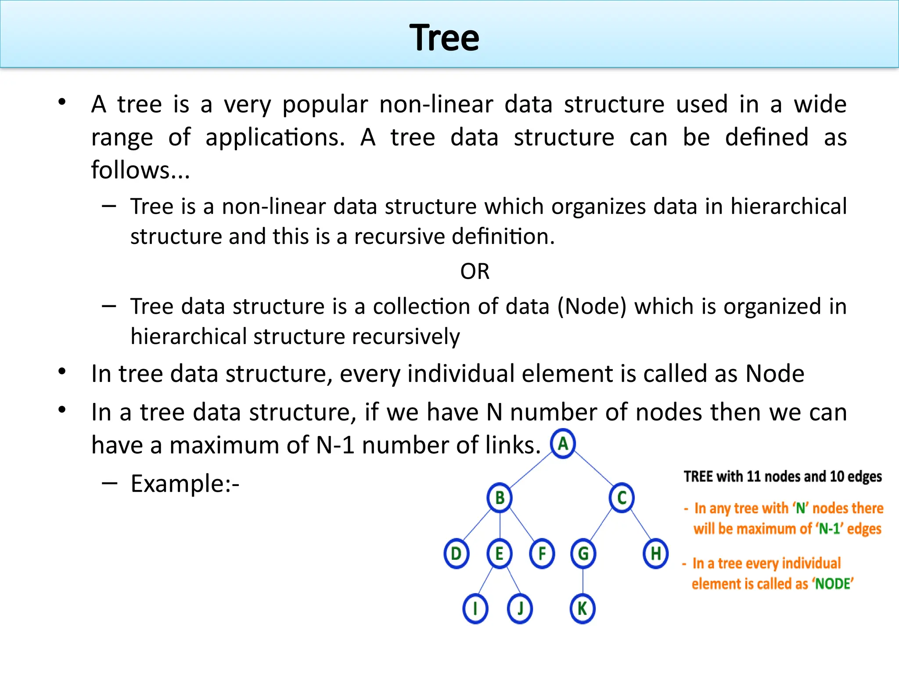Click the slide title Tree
click(x=444, y=38)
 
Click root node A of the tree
click(x=563, y=444)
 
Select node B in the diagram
click(x=500, y=498)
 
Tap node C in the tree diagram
click(x=622, y=498)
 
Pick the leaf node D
click(x=457, y=553)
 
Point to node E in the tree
click(x=500, y=553)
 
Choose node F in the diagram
click(x=542, y=553)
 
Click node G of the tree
click(x=583, y=553)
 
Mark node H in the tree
click(x=656, y=553)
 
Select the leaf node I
click(x=475, y=609)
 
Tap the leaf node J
click(x=520, y=609)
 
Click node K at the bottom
click(x=583, y=609)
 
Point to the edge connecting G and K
click(x=583, y=581)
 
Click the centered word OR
click(x=475, y=272)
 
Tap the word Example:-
click(x=185, y=484)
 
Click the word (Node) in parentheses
click(x=592, y=306)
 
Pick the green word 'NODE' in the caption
click(x=833, y=584)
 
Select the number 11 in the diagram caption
click(x=753, y=476)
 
